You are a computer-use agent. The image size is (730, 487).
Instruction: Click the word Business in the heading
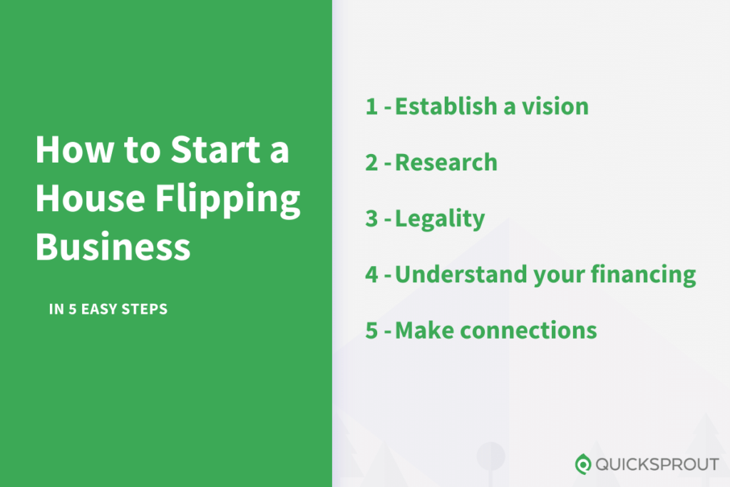(x=113, y=246)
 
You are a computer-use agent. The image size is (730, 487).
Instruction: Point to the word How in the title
(x=68, y=150)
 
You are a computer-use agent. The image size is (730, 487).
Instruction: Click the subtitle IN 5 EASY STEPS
(x=108, y=309)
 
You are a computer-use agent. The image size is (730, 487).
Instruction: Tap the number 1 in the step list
(x=371, y=107)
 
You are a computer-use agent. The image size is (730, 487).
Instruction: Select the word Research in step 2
(x=446, y=163)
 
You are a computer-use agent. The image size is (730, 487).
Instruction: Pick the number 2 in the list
(x=371, y=163)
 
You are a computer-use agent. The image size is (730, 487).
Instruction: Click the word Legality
(x=440, y=219)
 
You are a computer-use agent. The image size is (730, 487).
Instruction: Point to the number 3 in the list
(x=371, y=218)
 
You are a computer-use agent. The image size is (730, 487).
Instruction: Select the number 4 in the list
(x=371, y=275)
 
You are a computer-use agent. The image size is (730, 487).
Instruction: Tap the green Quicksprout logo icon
(x=583, y=464)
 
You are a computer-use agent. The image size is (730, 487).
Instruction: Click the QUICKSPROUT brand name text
(x=657, y=465)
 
